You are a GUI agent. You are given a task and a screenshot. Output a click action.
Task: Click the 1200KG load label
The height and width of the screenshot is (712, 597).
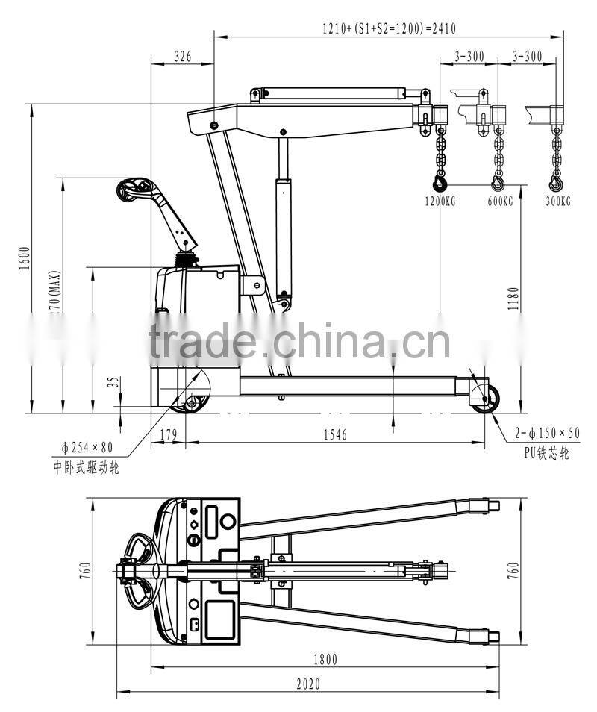click(x=440, y=202)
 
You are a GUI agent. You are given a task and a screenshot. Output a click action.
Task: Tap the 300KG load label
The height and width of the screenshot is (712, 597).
click(x=557, y=202)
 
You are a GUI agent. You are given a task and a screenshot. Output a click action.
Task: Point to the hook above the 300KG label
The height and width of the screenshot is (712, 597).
click(x=556, y=181)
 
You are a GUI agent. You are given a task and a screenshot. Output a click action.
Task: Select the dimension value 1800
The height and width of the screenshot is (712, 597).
click(x=325, y=658)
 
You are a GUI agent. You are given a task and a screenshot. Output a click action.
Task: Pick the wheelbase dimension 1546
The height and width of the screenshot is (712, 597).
click(x=334, y=434)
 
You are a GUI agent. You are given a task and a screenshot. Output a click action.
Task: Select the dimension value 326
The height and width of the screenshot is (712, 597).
click(x=182, y=55)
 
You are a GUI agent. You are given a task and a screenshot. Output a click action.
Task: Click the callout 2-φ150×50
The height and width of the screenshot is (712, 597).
click(x=547, y=433)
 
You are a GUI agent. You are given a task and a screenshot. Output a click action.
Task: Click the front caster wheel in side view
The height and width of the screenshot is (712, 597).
click(x=485, y=399)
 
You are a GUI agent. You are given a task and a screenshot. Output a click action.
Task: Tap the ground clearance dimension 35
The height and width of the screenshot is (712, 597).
click(x=113, y=382)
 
